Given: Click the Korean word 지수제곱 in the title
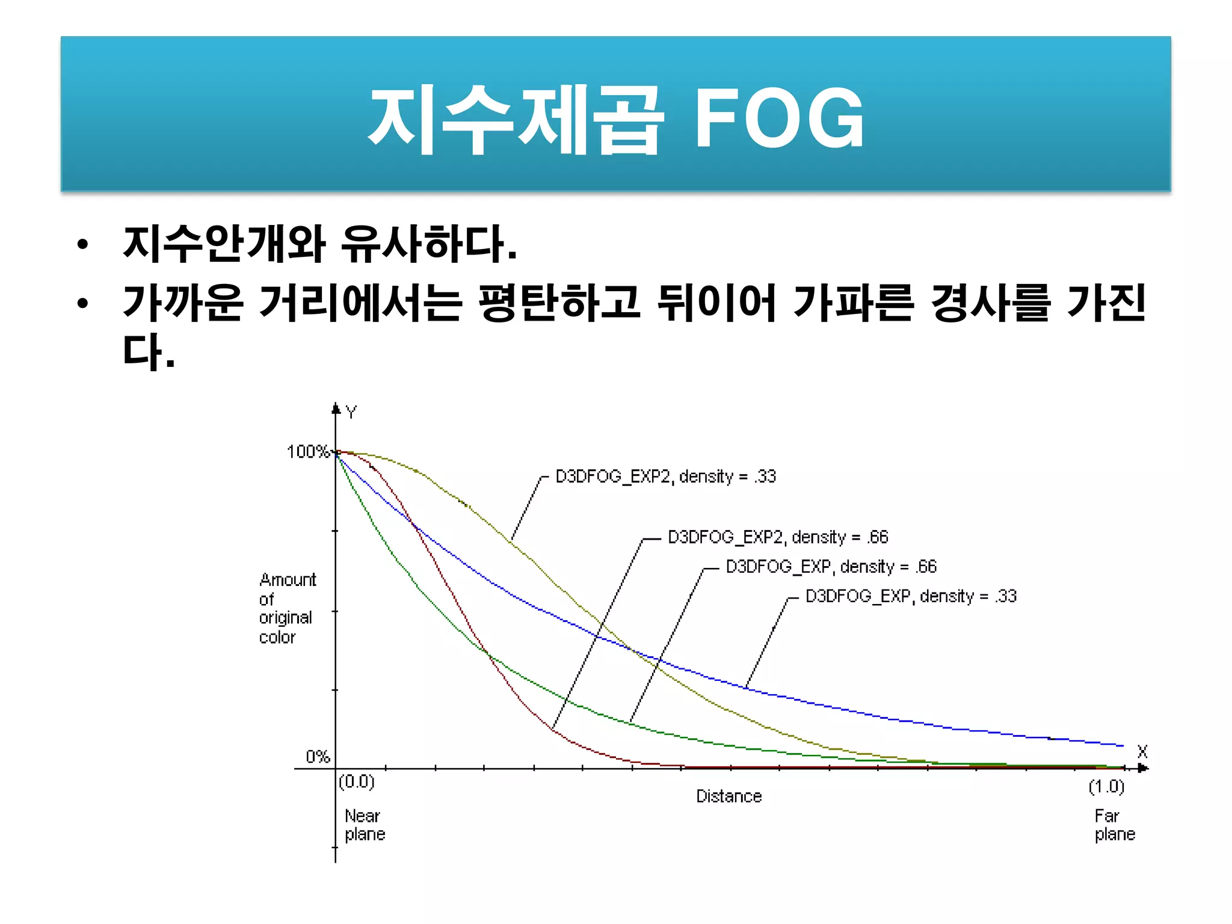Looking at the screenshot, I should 516,119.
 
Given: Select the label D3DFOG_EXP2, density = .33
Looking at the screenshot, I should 665,476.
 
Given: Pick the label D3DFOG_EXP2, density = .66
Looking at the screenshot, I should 778,537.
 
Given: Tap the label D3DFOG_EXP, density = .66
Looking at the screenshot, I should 831,567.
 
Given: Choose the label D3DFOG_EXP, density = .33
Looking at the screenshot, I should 911,596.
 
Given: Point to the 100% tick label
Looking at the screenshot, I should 307,452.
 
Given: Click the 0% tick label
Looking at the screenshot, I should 318,757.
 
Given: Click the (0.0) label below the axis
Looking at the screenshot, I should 357,781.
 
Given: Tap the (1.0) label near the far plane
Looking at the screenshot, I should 1106,786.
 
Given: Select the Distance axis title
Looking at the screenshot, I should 728,796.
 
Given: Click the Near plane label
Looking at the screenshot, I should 365,825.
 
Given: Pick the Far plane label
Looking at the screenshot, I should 1114,825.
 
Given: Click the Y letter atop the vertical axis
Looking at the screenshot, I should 351,412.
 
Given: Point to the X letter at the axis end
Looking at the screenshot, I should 1142,751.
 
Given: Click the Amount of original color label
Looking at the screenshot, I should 286,608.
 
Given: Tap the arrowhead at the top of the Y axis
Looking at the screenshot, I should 336,408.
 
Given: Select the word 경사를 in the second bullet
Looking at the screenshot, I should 990,303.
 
